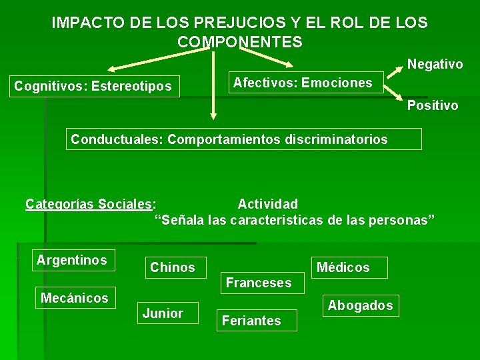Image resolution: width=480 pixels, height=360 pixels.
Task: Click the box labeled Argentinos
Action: [72, 260]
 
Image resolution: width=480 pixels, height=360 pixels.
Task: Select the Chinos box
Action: [173, 267]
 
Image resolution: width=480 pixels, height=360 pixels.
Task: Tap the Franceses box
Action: [259, 283]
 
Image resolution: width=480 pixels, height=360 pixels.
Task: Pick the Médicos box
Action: [343, 267]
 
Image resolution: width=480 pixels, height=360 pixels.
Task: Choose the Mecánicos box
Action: [74, 298]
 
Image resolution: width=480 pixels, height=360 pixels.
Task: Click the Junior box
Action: [163, 313]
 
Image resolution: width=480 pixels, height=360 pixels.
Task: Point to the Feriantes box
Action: [251, 321]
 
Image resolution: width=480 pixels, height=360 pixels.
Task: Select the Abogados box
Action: [360, 305]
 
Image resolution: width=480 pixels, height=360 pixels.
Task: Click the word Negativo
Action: [435, 65]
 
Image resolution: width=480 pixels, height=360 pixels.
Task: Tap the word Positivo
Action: [433, 105]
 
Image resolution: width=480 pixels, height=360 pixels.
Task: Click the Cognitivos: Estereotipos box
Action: [93, 86]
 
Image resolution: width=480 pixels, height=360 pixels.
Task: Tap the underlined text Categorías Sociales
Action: [89, 204]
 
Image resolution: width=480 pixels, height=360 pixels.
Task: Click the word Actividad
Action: [267, 204]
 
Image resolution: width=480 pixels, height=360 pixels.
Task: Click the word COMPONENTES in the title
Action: [240, 42]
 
